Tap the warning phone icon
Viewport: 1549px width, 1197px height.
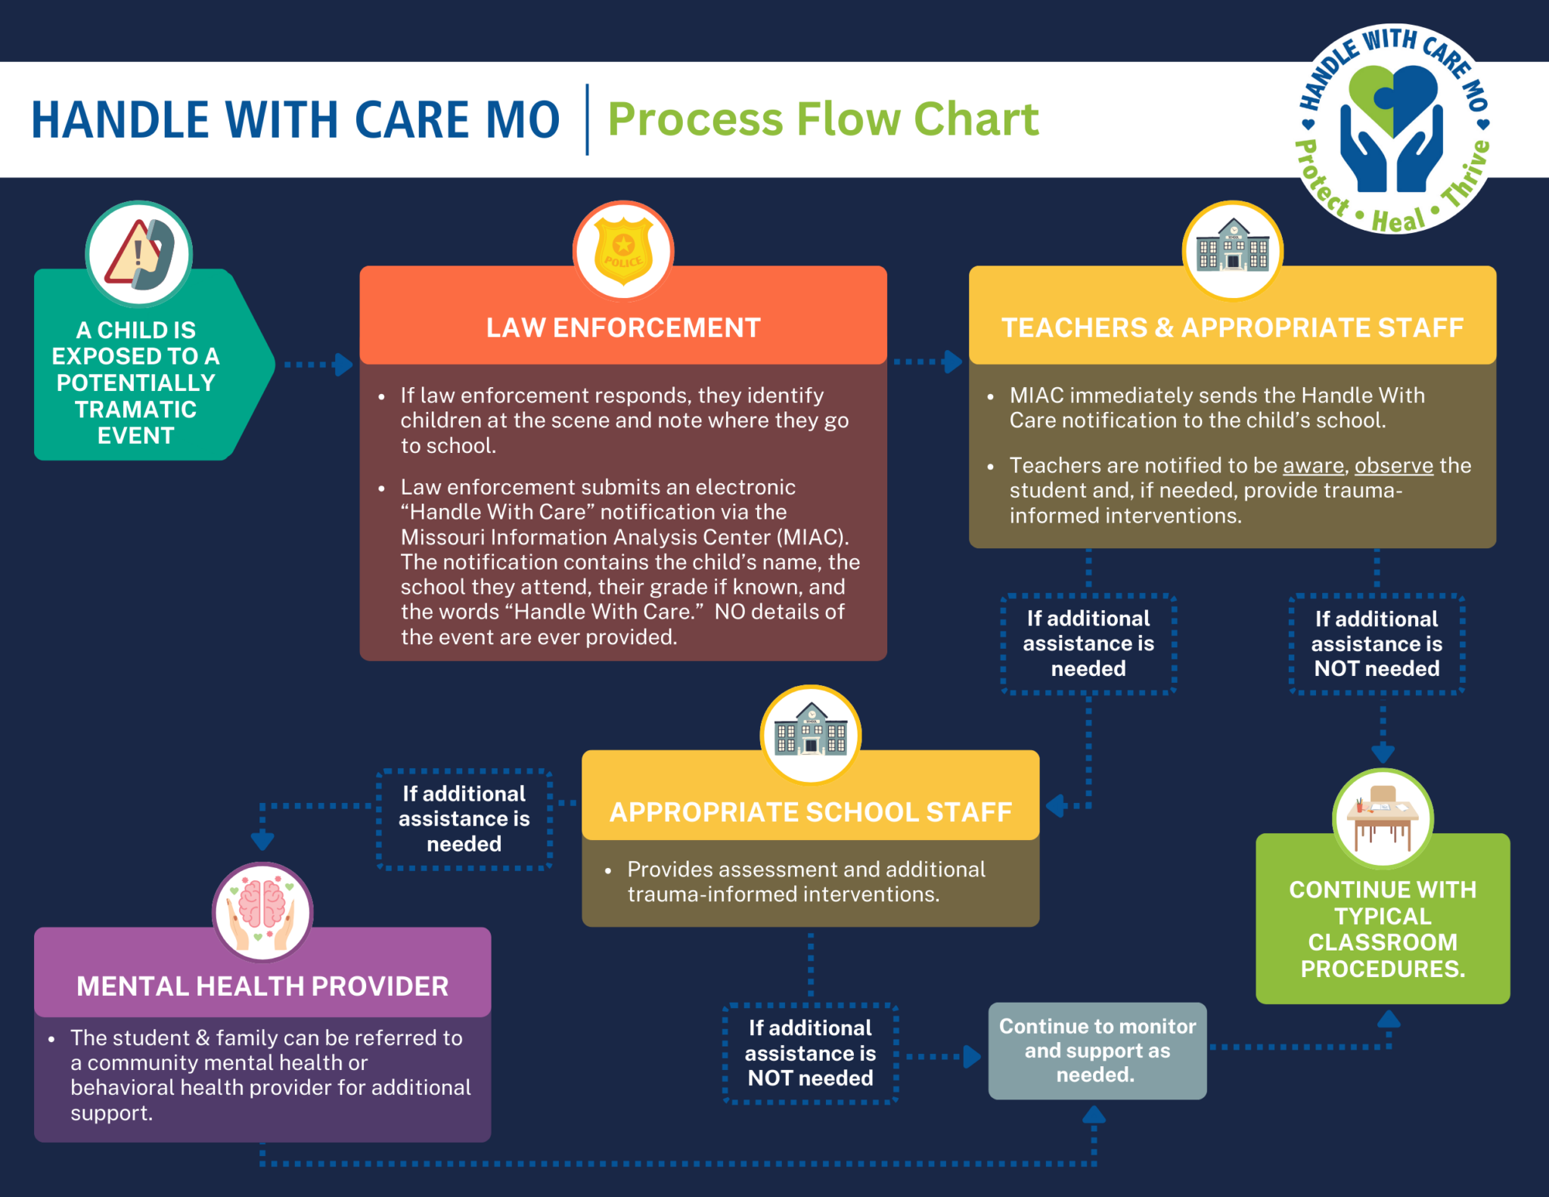point(139,254)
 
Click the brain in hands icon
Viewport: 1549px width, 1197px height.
point(262,912)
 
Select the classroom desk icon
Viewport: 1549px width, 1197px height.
point(1383,819)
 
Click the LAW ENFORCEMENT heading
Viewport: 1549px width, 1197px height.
point(623,328)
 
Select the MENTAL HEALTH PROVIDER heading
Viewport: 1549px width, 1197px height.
point(262,986)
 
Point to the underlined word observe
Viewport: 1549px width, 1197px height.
point(1393,465)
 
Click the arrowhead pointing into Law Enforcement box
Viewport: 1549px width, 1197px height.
point(344,364)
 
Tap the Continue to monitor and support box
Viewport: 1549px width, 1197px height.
point(1097,1050)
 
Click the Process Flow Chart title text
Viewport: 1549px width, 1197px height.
point(823,119)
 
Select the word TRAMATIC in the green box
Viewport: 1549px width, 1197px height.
point(135,409)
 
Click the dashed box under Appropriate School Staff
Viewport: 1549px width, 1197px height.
point(810,1053)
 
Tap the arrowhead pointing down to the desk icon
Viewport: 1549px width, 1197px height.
point(1383,752)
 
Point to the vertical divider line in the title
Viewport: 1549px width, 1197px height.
point(587,119)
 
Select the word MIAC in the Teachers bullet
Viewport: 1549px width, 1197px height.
point(1036,395)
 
